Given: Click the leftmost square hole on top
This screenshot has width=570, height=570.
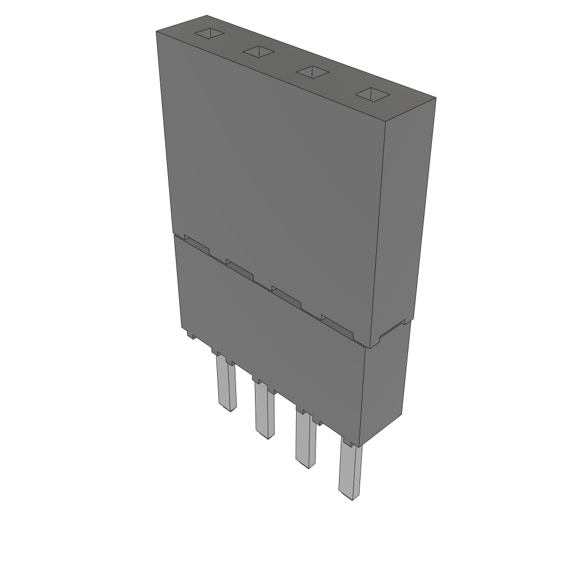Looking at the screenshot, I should pyautogui.click(x=209, y=33).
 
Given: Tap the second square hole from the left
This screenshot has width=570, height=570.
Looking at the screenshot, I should pyautogui.click(x=259, y=52).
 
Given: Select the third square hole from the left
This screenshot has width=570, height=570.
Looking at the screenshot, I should pyautogui.click(x=312, y=72).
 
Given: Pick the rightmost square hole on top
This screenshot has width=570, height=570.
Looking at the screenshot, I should pyautogui.click(x=372, y=95).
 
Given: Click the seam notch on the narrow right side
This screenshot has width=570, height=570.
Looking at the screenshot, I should pyautogui.click(x=391, y=331).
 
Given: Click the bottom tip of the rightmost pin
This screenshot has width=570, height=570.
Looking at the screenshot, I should pyautogui.click(x=348, y=495).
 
